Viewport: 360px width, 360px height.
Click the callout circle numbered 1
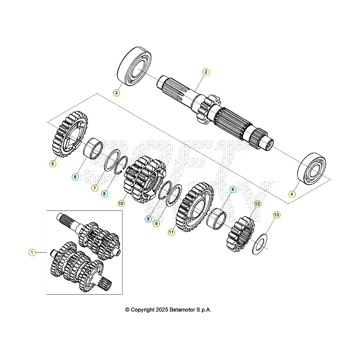(x=32, y=252)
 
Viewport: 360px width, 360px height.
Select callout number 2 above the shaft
(x=206, y=72)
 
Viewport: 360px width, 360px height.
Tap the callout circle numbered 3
(x=116, y=93)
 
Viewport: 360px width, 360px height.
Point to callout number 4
(x=292, y=194)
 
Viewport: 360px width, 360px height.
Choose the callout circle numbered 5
(x=53, y=164)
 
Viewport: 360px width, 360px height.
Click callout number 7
(x=94, y=188)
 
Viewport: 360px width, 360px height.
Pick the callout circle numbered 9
(x=156, y=223)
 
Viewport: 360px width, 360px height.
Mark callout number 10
(x=121, y=203)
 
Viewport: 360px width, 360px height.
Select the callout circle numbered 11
(x=171, y=232)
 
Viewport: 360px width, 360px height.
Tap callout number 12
(x=257, y=204)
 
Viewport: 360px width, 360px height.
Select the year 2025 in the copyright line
(x=162, y=310)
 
